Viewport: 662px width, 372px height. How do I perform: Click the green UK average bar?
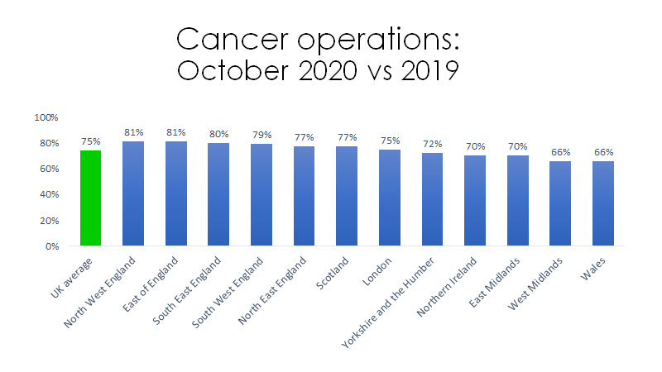[x=90, y=198]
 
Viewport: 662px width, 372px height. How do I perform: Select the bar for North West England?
[x=133, y=194]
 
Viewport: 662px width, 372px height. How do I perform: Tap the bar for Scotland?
[x=347, y=197]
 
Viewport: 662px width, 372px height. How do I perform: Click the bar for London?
[x=390, y=198]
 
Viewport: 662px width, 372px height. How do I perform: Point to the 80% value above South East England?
[x=218, y=133]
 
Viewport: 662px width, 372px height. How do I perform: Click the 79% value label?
[x=261, y=135]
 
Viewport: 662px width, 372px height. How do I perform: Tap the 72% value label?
[x=433, y=144]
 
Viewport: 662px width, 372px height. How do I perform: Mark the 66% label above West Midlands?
[x=561, y=151]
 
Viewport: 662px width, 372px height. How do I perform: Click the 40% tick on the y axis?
[x=47, y=195]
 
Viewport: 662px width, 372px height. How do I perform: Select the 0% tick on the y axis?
[x=50, y=246]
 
